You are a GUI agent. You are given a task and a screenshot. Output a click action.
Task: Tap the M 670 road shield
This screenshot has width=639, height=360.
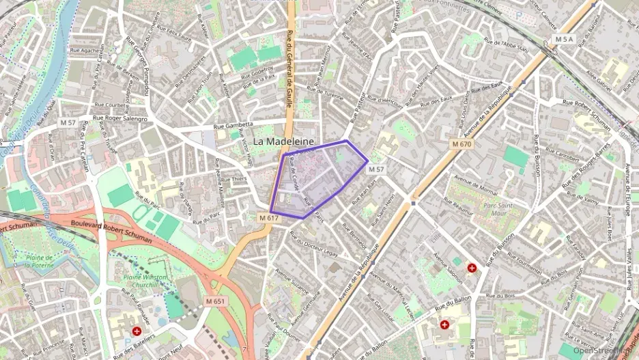pyautogui.click(x=461, y=144)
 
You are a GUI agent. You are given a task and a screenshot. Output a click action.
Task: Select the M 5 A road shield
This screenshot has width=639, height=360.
pyautogui.click(x=564, y=40)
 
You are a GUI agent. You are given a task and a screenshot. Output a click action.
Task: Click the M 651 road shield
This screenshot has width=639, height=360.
pyautogui.click(x=214, y=301)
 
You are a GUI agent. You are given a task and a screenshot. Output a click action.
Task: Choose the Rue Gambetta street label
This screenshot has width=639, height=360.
pyautogui.click(x=233, y=126)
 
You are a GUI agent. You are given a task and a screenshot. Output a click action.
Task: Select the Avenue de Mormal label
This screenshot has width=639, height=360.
pyautogui.click(x=476, y=184)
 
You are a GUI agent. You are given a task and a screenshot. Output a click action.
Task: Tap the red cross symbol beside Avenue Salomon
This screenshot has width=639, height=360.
pyautogui.click(x=472, y=268)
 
